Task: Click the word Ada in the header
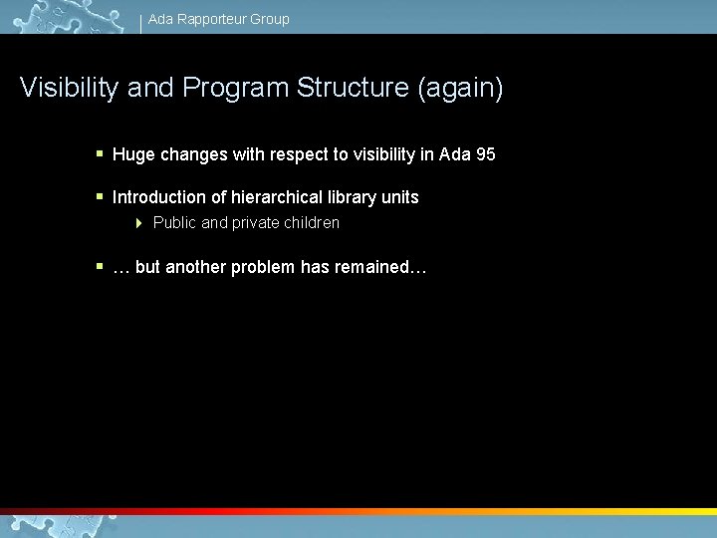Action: click(160, 19)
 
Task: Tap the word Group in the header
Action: click(270, 19)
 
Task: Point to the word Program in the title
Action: click(235, 89)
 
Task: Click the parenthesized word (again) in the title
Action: click(461, 89)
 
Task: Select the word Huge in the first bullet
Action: click(131, 155)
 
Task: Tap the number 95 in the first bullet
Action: click(485, 155)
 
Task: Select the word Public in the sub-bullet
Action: click(175, 223)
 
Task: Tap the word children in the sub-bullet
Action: click(310, 223)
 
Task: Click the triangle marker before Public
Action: click(139, 223)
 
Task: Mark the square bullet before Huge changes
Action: click(100, 154)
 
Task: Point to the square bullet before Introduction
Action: click(100, 196)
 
